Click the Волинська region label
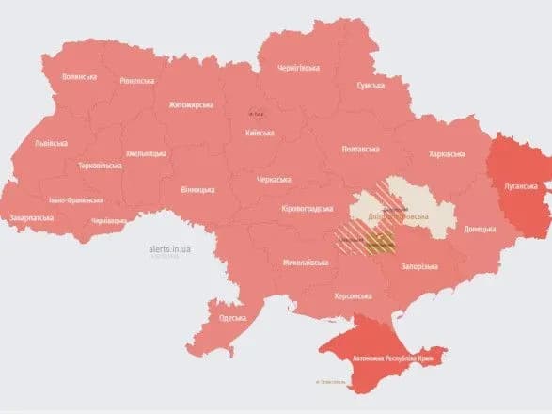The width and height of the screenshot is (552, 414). coord(80,76)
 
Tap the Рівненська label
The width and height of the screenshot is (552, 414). coord(138,81)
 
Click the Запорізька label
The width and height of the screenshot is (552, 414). coord(414,266)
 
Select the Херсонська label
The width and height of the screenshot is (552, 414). coord(355,295)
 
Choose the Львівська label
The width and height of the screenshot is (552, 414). coord(51,143)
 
